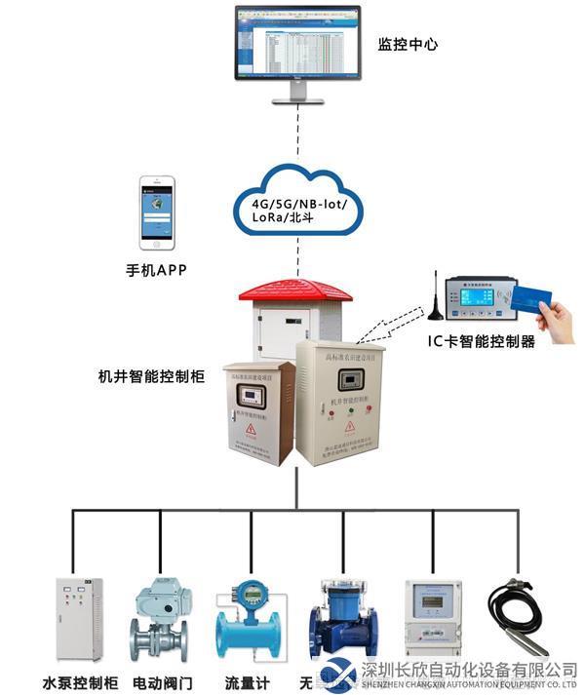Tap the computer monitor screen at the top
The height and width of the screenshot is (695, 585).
tap(296, 46)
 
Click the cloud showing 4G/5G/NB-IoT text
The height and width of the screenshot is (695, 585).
tap(297, 206)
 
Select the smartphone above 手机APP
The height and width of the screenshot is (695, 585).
tap(156, 212)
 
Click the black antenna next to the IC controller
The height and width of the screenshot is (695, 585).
tap(430, 297)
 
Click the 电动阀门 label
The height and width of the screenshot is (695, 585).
tap(163, 682)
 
